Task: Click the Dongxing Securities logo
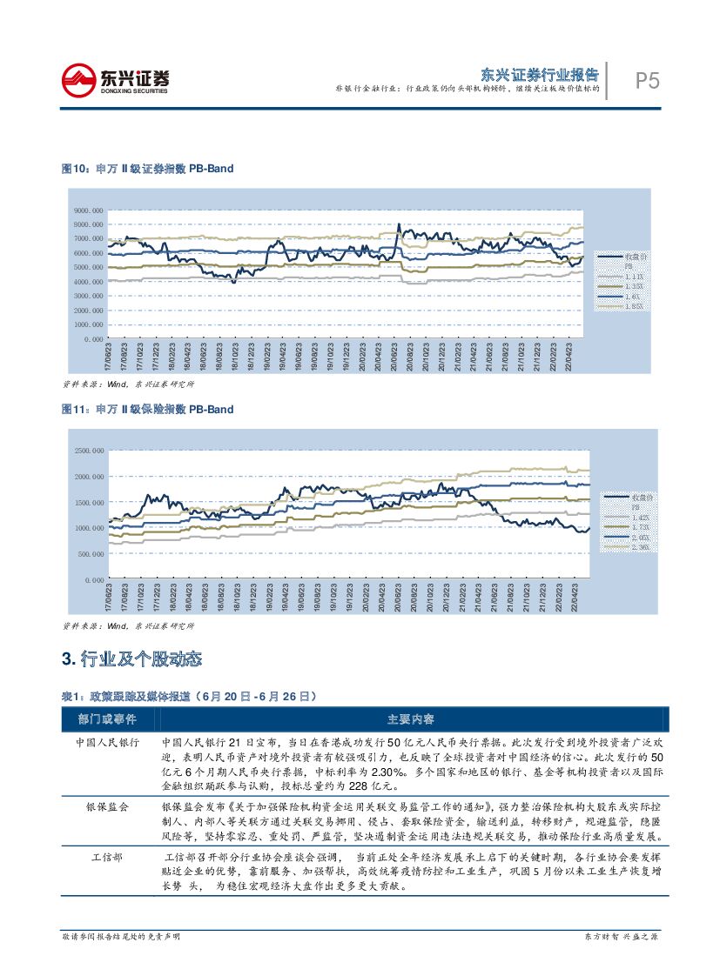click(115, 80)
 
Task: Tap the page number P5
click(645, 81)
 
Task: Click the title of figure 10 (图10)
click(147, 169)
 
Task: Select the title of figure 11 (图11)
click(147, 409)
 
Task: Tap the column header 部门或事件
click(106, 719)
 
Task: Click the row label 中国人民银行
click(107, 744)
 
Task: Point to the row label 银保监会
click(107, 807)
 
